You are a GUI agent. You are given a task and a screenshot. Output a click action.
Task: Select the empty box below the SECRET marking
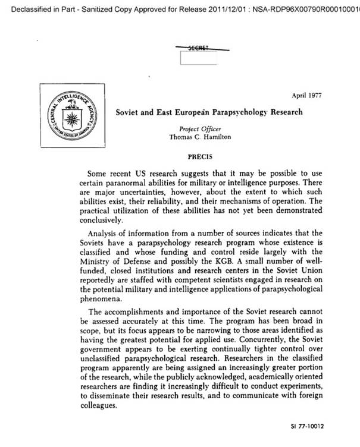tap(199, 58)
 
